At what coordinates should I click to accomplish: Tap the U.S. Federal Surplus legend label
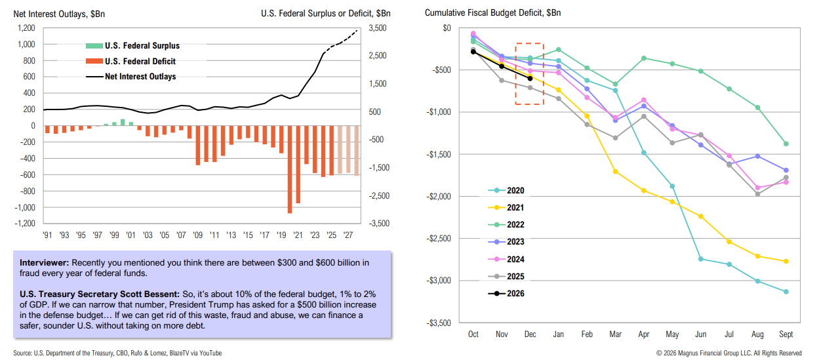coord(142,46)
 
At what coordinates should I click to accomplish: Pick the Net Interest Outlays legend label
coord(140,76)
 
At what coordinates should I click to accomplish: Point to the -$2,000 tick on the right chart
coord(438,197)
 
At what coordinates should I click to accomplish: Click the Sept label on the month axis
coord(786,334)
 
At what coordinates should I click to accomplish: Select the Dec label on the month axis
coord(530,334)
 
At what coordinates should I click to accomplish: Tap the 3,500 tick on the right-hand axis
coord(378,28)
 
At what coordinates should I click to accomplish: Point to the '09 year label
coord(198,235)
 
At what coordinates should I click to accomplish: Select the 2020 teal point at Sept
coord(786,292)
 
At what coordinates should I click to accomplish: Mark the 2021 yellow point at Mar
coord(615,172)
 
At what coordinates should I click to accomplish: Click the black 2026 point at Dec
coord(530,78)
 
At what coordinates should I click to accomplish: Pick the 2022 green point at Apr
coord(644,58)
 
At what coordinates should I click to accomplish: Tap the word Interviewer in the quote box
coord(41,262)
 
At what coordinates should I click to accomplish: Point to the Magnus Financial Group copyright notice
coord(729,353)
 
